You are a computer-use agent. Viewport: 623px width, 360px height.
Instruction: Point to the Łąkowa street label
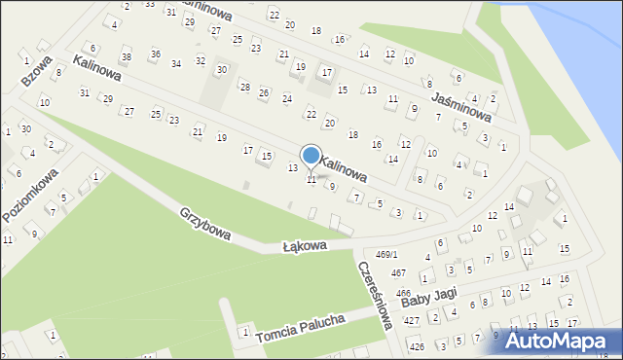[x=305, y=247]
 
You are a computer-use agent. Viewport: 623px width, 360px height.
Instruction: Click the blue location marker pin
[x=311, y=156]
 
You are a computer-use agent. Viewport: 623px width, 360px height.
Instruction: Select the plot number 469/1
[x=387, y=254]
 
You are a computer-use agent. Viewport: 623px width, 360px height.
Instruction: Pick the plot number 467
[x=398, y=273]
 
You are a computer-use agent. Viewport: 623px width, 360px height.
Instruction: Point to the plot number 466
[x=402, y=292]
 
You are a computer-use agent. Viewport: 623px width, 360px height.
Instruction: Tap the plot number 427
[x=412, y=320]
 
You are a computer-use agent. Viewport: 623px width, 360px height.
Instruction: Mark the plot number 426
[x=417, y=346]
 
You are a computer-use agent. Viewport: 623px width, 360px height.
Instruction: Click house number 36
[x=155, y=54]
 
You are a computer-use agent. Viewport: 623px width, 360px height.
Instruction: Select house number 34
[x=175, y=64]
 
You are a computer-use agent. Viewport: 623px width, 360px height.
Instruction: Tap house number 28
[x=244, y=87]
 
